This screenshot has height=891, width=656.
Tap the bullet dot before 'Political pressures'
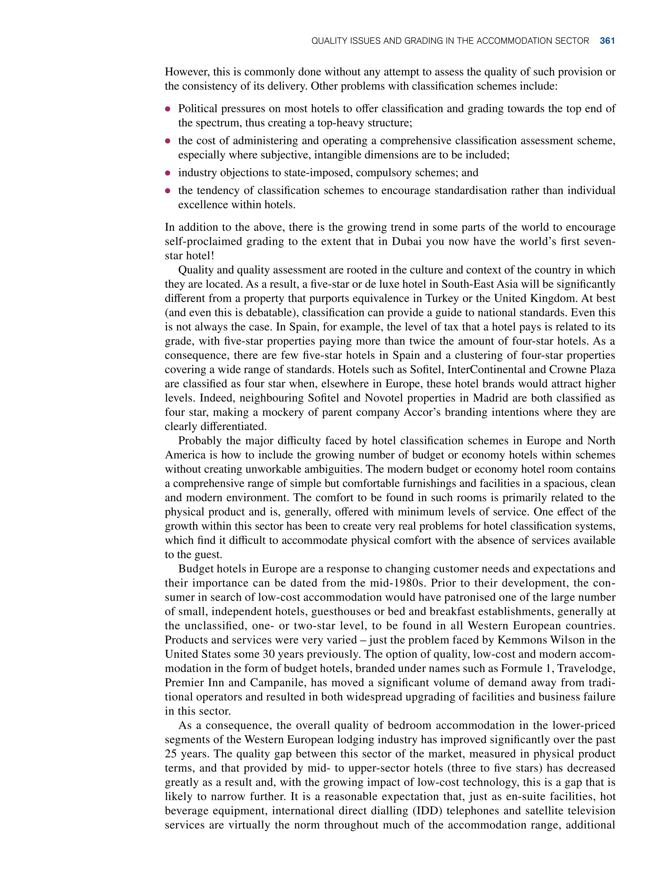(x=168, y=109)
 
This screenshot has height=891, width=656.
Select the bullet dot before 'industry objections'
(x=168, y=173)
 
